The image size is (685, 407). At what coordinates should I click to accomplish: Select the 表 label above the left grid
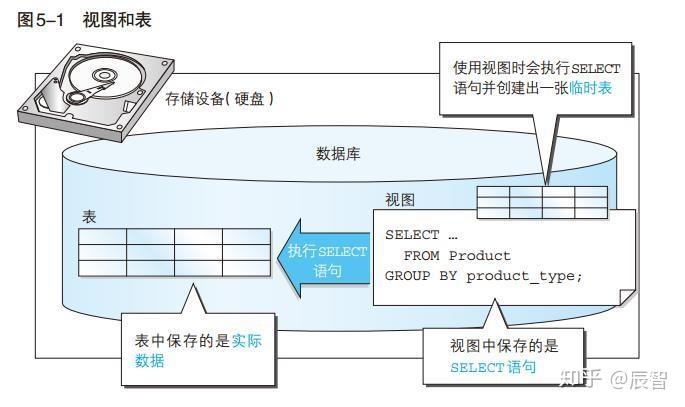click(x=89, y=217)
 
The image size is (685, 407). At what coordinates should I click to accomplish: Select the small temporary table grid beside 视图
click(x=541, y=202)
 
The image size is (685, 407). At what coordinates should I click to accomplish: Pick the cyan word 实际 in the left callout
click(x=246, y=340)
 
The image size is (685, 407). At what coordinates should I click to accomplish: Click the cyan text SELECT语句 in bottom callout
click(x=493, y=367)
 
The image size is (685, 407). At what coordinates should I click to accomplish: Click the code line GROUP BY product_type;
click(x=482, y=275)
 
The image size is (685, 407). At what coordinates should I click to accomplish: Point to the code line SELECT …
click(x=420, y=235)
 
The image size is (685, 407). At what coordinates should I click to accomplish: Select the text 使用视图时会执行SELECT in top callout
click(x=536, y=68)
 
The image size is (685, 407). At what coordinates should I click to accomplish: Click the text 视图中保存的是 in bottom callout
click(x=504, y=345)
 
